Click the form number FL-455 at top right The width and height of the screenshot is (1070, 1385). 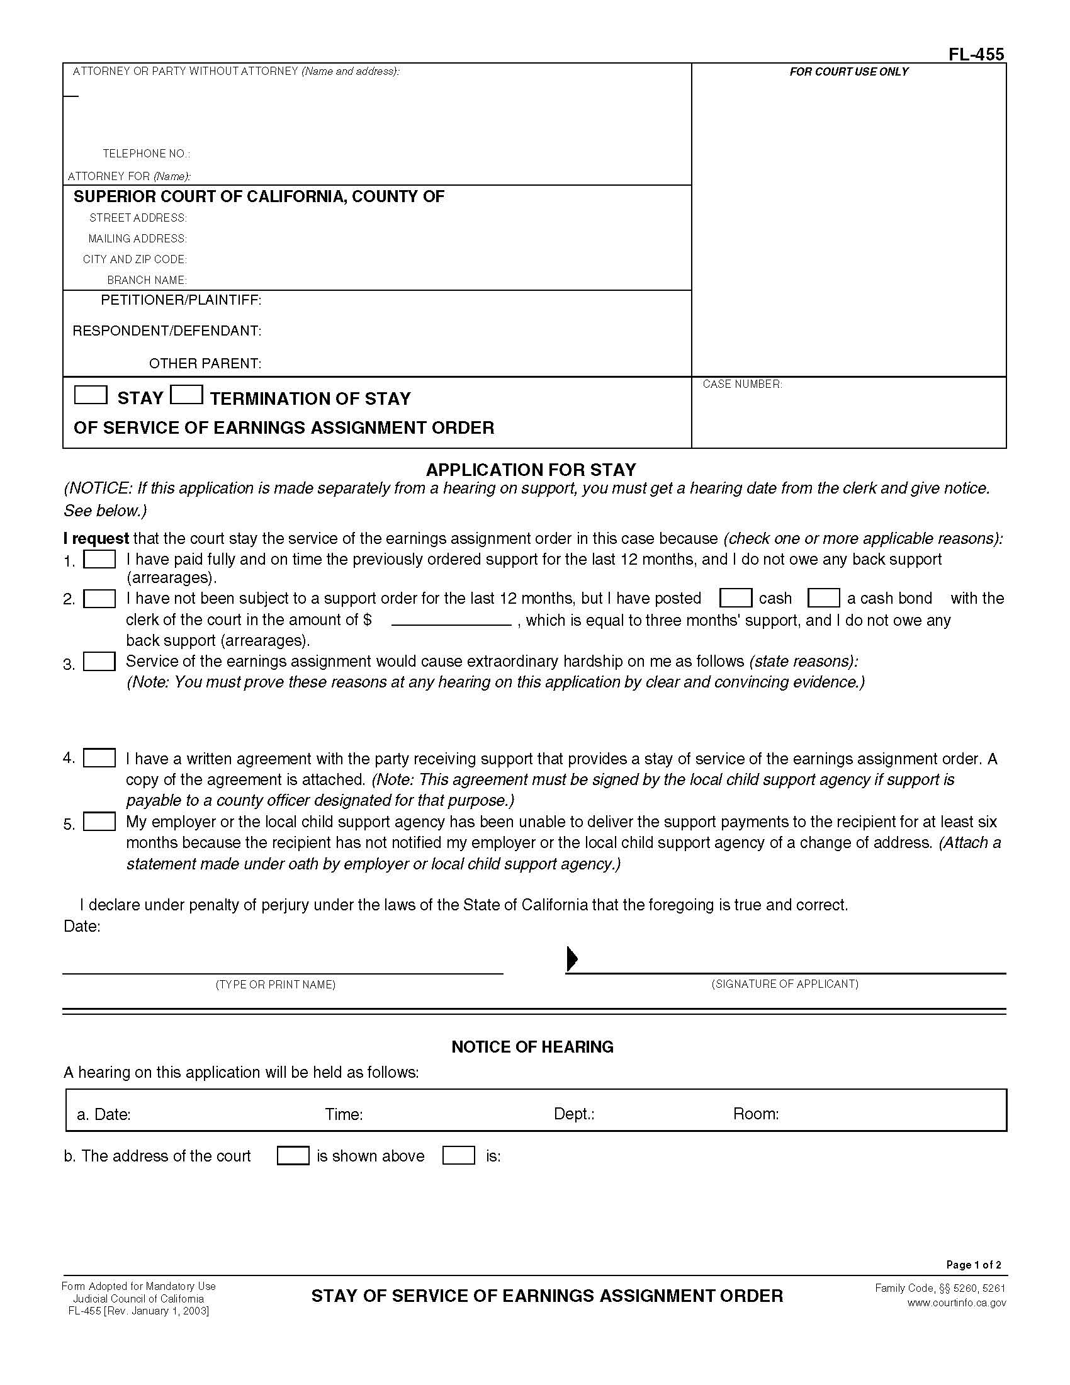click(x=976, y=55)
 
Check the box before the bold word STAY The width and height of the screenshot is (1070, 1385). click(x=91, y=395)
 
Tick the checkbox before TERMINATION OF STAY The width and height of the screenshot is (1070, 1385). click(x=186, y=395)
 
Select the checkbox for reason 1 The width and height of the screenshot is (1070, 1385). click(x=99, y=559)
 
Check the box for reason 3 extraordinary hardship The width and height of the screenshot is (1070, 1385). click(x=99, y=662)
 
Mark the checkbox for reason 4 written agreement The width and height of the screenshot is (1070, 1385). click(x=99, y=758)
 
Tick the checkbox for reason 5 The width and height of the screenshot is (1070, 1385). click(x=99, y=822)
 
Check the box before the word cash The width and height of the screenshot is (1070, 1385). click(x=735, y=598)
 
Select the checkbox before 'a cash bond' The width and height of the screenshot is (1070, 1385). click(x=823, y=598)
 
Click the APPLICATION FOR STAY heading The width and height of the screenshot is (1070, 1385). click(x=531, y=470)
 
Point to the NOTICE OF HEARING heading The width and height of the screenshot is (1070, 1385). click(x=532, y=1047)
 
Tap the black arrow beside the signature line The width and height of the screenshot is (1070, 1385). click(x=572, y=959)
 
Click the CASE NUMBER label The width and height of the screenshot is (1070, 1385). click(x=741, y=384)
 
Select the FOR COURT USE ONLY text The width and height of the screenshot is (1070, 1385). click(x=848, y=72)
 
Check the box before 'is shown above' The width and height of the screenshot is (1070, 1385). click(x=293, y=1155)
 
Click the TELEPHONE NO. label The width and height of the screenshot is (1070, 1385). click(x=147, y=154)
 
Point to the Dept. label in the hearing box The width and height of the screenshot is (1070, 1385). click(x=573, y=1114)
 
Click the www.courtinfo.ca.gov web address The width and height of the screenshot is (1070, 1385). click(x=956, y=1303)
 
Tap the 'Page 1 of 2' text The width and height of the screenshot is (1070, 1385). click(x=973, y=1265)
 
